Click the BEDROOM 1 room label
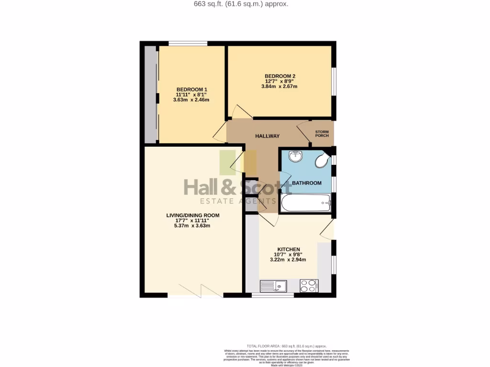[x=192, y=89]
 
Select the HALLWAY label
[x=267, y=136]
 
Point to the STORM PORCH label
[x=322, y=133]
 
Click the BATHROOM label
[x=307, y=183]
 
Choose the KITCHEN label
[x=287, y=249]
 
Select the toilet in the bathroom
[x=323, y=161]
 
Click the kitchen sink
[x=273, y=286]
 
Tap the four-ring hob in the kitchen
[x=309, y=286]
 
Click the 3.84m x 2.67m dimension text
[x=279, y=86]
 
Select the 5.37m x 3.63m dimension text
[x=192, y=226]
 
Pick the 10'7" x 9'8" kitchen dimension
[x=287, y=255]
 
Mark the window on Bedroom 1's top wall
[x=188, y=43]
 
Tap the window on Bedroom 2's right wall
[x=334, y=82]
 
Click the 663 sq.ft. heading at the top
[x=245, y=4]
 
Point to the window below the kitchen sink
[x=273, y=295]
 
